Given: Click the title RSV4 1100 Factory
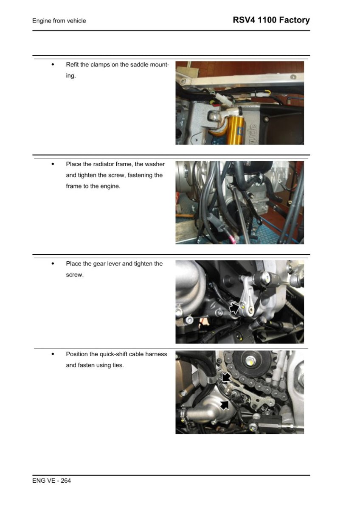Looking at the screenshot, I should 271,20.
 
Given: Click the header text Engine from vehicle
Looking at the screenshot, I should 59,21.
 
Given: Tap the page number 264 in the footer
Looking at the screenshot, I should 65,481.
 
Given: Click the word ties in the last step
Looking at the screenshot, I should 118,365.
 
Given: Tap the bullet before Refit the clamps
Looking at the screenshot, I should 53,65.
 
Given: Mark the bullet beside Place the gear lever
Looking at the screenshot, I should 53,264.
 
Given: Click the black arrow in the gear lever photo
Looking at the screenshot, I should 234,308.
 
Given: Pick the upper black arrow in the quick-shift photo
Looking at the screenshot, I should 226,377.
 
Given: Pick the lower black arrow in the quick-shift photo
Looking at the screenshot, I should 225,404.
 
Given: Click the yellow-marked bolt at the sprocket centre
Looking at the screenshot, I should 250,362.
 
